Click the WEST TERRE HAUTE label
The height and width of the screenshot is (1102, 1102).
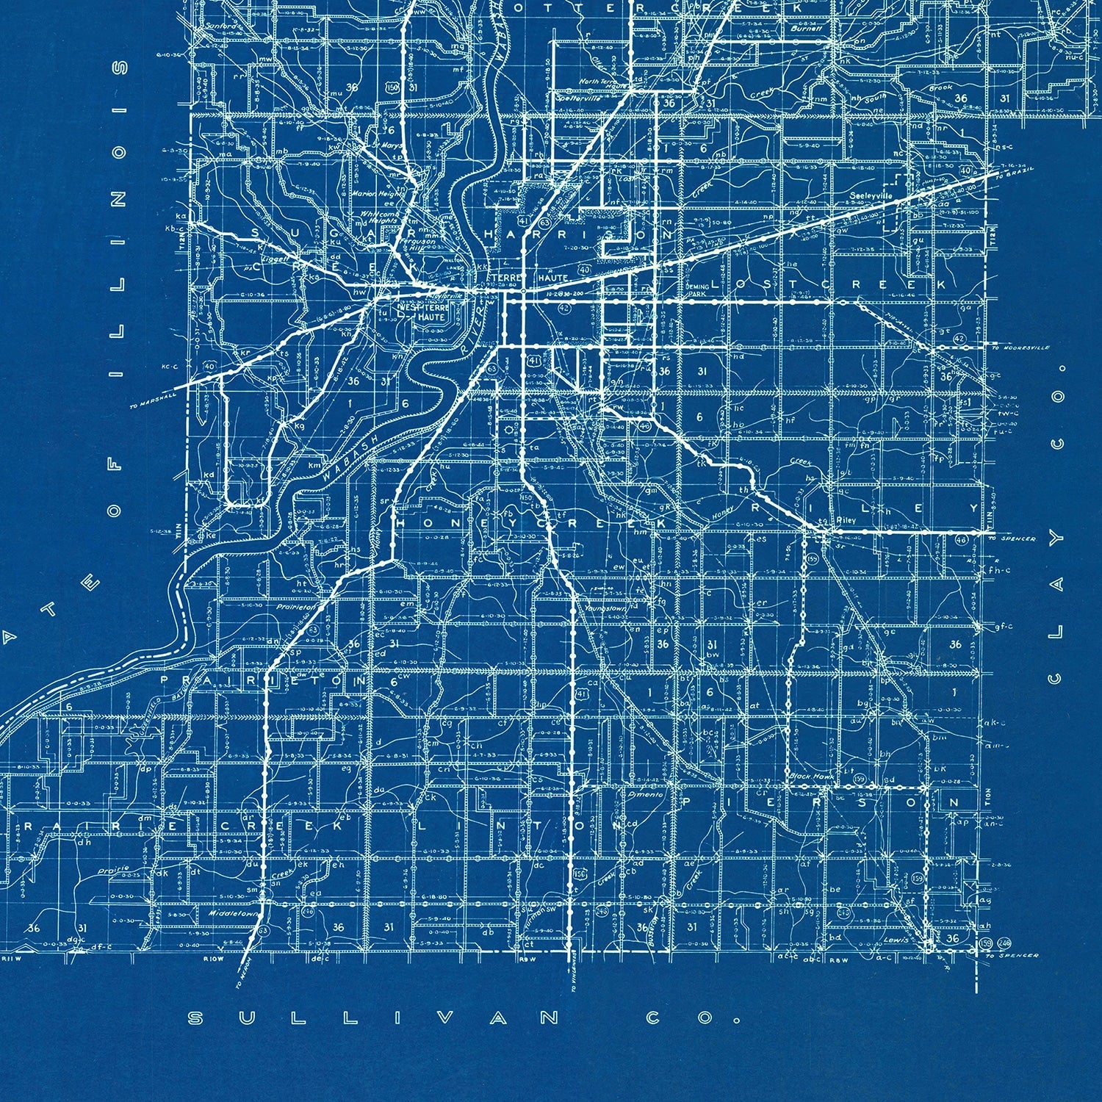coord(416,310)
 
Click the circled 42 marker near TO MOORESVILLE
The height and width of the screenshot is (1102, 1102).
coord(959,337)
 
